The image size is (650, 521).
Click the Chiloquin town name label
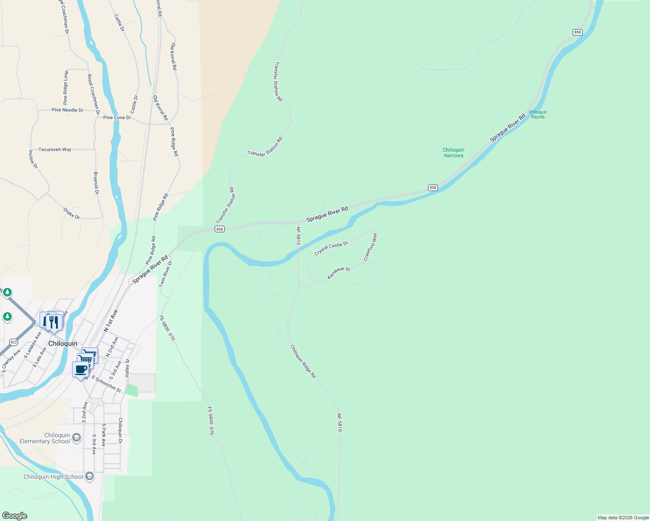(x=63, y=343)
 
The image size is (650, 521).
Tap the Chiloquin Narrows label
(x=454, y=153)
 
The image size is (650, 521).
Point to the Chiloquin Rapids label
(x=538, y=115)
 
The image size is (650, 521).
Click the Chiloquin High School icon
(x=90, y=476)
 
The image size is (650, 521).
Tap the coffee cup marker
(x=81, y=370)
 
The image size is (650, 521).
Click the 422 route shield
(x=13, y=342)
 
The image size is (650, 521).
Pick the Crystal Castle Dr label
(x=332, y=248)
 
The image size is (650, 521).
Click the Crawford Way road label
(x=371, y=247)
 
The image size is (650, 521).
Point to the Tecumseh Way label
(x=55, y=149)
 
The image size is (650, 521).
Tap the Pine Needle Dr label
(x=67, y=110)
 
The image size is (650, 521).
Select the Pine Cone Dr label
(x=117, y=118)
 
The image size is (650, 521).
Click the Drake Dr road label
(x=72, y=213)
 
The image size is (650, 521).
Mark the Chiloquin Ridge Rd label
(x=303, y=361)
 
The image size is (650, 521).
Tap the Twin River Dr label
(x=166, y=274)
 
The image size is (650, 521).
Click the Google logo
(x=14, y=516)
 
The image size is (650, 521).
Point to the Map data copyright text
(x=623, y=518)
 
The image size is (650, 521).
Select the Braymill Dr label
(x=96, y=183)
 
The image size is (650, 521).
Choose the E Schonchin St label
(x=106, y=384)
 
